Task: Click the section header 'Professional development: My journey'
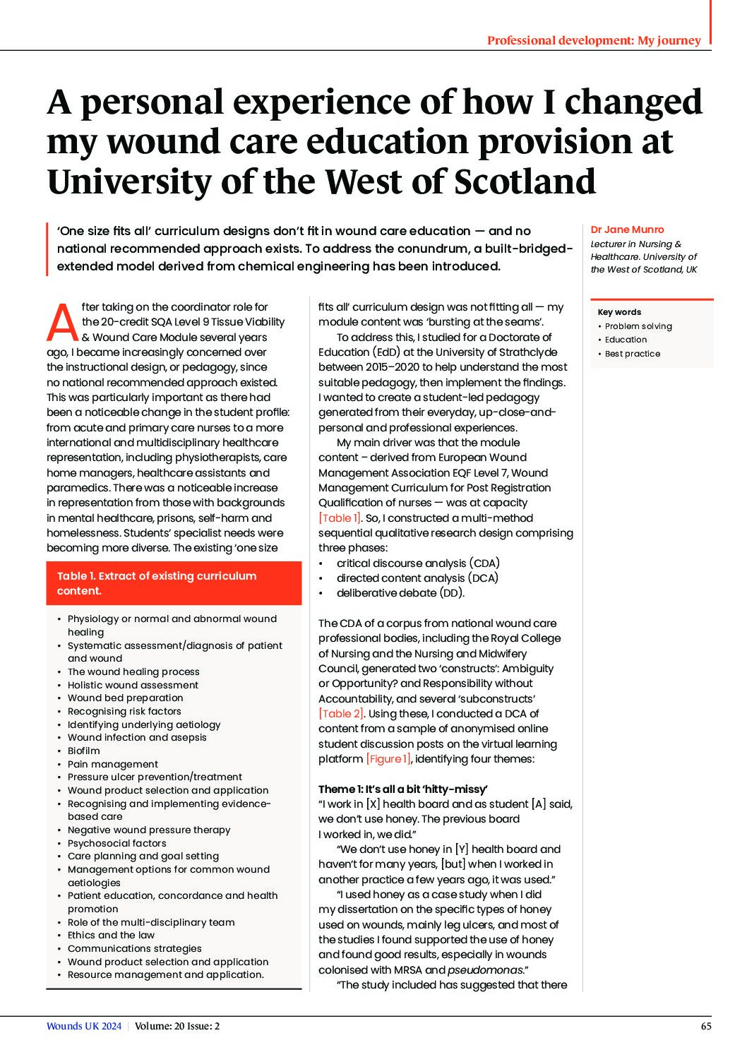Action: (594, 40)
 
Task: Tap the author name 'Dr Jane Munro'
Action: (627, 229)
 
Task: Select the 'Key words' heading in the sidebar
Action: (619, 312)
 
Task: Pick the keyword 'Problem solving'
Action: (638, 326)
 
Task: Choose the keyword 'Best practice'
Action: (633, 354)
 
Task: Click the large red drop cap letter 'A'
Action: (62, 323)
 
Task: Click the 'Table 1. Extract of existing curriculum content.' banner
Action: (174, 583)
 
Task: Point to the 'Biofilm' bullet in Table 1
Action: (83, 751)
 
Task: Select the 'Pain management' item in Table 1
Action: (113, 764)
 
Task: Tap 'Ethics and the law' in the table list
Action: (111, 935)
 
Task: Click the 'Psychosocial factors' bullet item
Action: (117, 843)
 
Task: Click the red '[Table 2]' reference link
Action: (341, 714)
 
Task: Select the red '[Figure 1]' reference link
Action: (388, 759)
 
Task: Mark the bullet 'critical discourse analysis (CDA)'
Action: (418, 563)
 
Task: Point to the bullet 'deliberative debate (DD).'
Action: (400, 593)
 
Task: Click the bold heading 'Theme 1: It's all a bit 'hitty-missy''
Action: (402, 789)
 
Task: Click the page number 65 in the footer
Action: (706, 1027)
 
